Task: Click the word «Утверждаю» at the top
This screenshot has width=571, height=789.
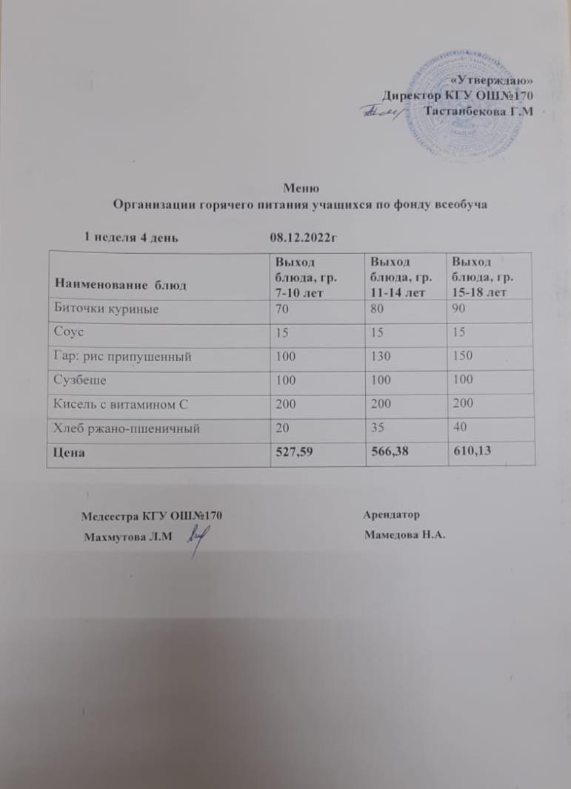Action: (x=492, y=81)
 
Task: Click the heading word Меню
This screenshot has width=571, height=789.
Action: (x=301, y=188)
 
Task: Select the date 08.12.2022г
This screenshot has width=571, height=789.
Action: (x=304, y=237)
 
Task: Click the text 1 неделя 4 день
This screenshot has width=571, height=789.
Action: (x=130, y=237)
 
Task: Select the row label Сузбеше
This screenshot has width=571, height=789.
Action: (x=78, y=380)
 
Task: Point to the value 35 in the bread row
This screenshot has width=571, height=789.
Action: (x=378, y=429)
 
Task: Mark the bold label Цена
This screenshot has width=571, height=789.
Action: (x=68, y=453)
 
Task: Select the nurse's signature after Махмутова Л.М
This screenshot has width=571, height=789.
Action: (x=196, y=538)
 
